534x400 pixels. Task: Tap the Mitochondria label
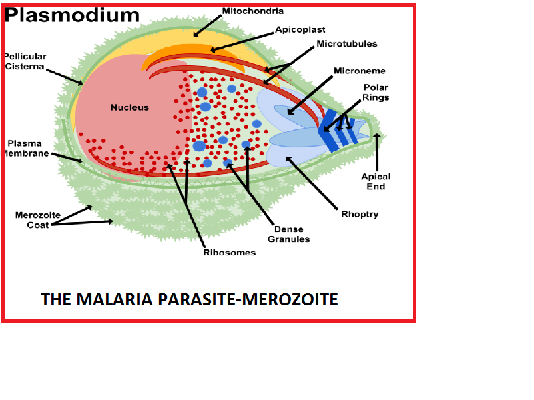pyautogui.click(x=252, y=11)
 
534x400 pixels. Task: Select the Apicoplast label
pyautogui.click(x=300, y=30)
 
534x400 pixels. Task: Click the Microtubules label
pyautogui.click(x=347, y=44)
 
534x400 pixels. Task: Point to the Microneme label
pyautogui.click(x=360, y=71)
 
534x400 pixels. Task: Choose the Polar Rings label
pyautogui.click(x=376, y=93)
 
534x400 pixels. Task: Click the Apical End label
pyautogui.click(x=376, y=181)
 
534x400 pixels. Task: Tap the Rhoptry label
pyautogui.click(x=360, y=214)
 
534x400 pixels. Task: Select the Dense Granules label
pyautogui.click(x=288, y=234)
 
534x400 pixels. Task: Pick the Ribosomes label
pyautogui.click(x=229, y=253)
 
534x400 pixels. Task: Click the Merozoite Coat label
pyautogui.click(x=33, y=219)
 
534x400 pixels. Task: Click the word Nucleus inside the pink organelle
pyautogui.click(x=129, y=107)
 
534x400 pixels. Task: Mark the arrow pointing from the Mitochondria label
pyautogui.click(x=210, y=25)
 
